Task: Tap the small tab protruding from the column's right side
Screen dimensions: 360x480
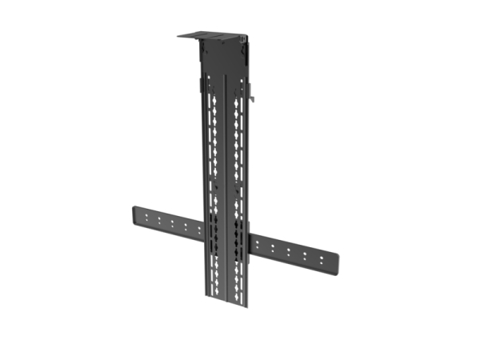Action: [253, 98]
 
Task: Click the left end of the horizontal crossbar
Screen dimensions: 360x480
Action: [133, 218]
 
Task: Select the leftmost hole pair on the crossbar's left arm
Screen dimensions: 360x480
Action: [146, 218]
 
